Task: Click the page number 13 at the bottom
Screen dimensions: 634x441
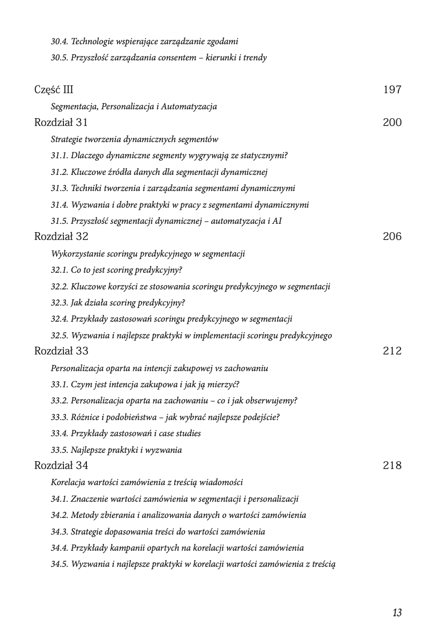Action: click(x=397, y=613)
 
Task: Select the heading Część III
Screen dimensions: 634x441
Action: click(x=54, y=90)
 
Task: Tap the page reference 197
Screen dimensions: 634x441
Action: click(x=392, y=90)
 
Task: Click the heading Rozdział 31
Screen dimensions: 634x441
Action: click(x=61, y=122)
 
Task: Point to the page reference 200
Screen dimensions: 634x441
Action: click(x=392, y=122)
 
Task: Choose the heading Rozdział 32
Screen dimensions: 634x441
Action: click(x=61, y=236)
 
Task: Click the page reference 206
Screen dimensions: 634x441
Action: click(x=392, y=236)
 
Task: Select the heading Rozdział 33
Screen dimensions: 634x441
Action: click(x=61, y=351)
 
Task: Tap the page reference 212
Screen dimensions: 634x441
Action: click(x=392, y=351)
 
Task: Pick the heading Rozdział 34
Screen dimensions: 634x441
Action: click(x=61, y=465)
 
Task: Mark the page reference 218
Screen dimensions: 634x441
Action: click(x=392, y=465)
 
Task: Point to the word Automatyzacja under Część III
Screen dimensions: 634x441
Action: click(x=189, y=107)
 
